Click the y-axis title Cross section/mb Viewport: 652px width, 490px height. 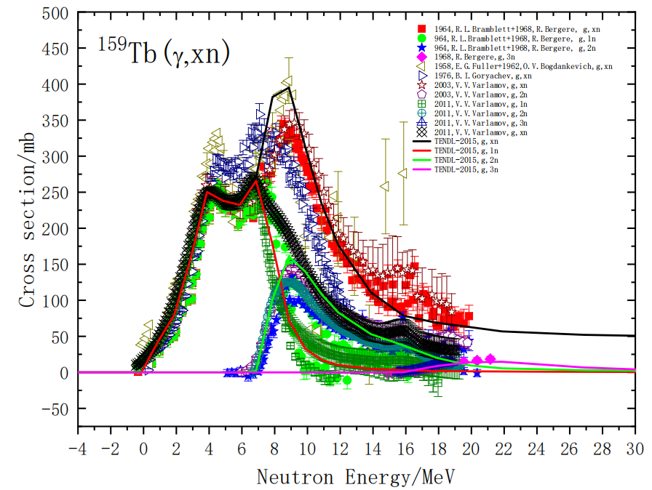point(27,218)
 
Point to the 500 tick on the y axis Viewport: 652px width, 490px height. point(58,13)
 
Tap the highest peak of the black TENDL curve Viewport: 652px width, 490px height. point(289,87)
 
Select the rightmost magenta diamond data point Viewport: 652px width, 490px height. point(490,358)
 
